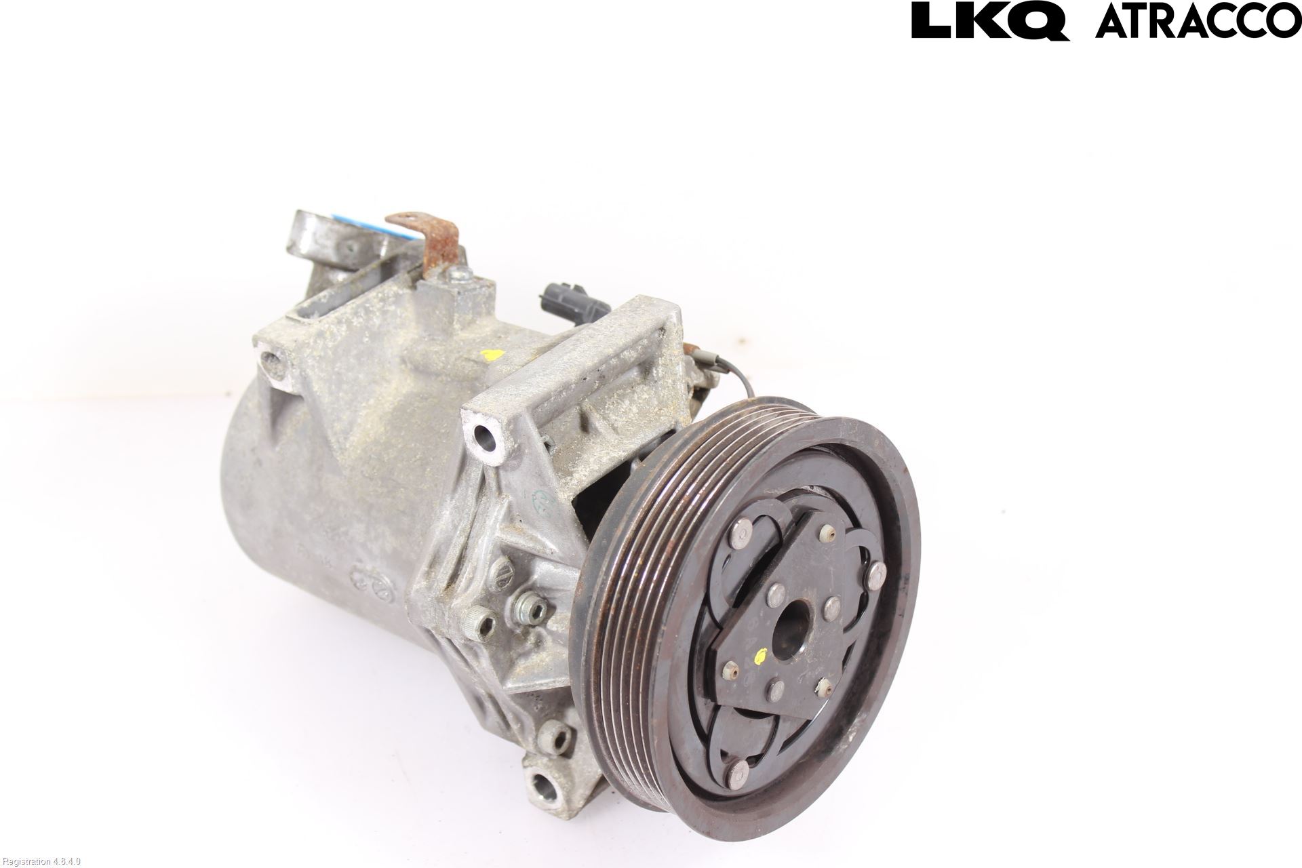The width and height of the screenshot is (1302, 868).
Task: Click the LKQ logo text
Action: pyautogui.click(x=991, y=20)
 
